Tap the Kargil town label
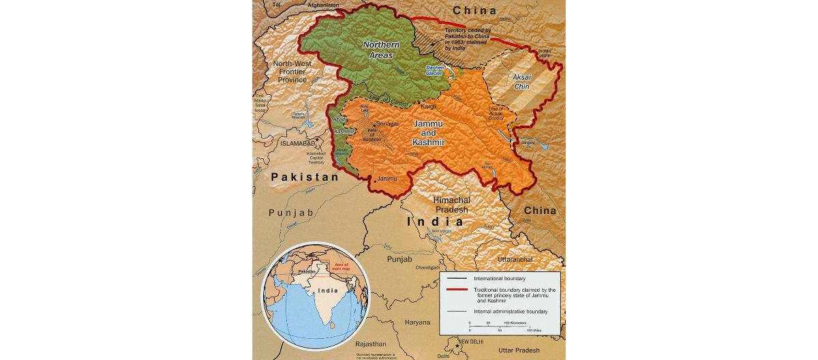(429, 108)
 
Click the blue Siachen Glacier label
(434, 70)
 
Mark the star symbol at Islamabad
(315, 139)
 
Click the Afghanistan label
(323, 5)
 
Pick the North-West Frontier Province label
(292, 71)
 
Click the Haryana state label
(417, 322)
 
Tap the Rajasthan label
(370, 344)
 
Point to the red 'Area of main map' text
(339, 266)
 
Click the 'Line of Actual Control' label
(495, 114)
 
